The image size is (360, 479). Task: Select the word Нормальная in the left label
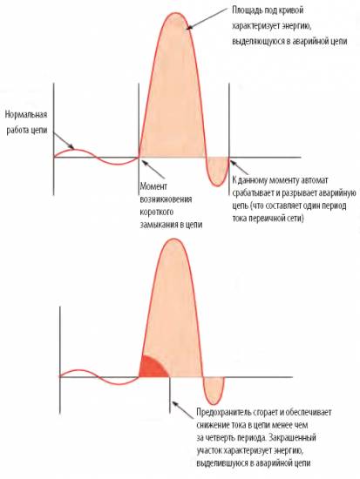(x=26, y=115)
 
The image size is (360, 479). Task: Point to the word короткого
(x=157, y=212)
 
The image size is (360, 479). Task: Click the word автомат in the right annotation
(x=315, y=180)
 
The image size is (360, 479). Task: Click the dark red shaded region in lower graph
(x=151, y=368)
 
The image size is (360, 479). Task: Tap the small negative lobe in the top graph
(x=217, y=171)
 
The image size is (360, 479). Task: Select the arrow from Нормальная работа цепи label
(x=64, y=141)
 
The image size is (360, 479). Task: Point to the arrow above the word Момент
(x=152, y=168)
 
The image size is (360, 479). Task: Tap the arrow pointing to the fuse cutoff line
(x=182, y=410)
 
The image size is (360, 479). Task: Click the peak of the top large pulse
(x=175, y=13)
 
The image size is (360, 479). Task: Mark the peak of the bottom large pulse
(x=173, y=239)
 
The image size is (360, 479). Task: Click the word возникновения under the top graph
(x=166, y=199)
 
